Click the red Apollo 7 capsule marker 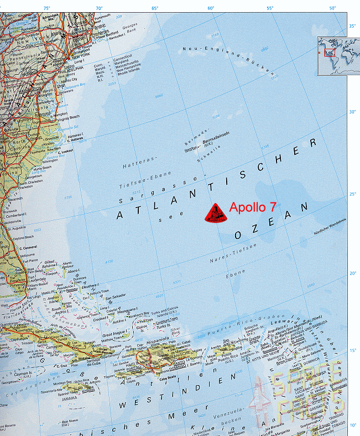click(213, 214)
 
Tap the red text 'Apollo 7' click(253, 208)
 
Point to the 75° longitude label click(46, 8)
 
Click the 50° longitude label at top click(332, 8)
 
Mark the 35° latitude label click(352, 26)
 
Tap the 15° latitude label click(352, 351)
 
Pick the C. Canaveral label click(30, 247)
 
